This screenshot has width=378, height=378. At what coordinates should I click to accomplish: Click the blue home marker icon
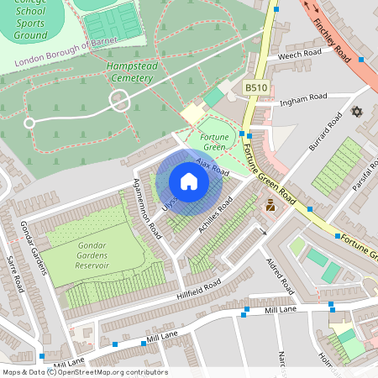tap(188, 181)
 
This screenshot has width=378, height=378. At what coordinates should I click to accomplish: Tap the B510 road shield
tap(256, 87)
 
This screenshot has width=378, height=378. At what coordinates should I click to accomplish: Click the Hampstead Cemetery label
tap(130, 71)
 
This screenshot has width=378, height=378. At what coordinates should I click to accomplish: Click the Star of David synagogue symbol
tap(356, 112)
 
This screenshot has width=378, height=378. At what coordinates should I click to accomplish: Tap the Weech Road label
tap(301, 53)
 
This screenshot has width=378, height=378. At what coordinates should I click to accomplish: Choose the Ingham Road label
tap(304, 97)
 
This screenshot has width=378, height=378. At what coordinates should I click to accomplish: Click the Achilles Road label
tap(213, 221)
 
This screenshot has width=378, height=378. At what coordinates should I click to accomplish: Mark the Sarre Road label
tap(16, 274)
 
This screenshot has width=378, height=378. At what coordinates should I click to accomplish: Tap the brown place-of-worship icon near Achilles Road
tap(270, 204)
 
